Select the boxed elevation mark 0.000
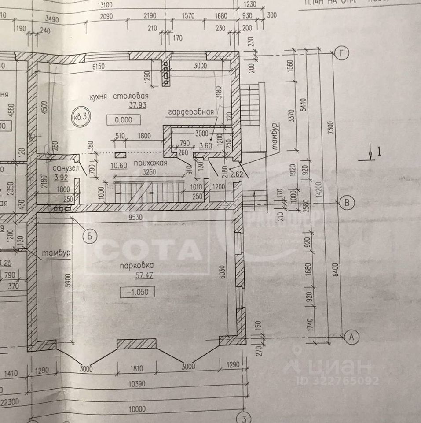click(x=126, y=119)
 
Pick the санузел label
click(x=65, y=169)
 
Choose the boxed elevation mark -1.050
click(x=137, y=292)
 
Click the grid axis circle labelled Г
click(x=342, y=54)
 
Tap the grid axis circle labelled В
click(x=347, y=203)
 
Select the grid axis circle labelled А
click(x=351, y=337)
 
